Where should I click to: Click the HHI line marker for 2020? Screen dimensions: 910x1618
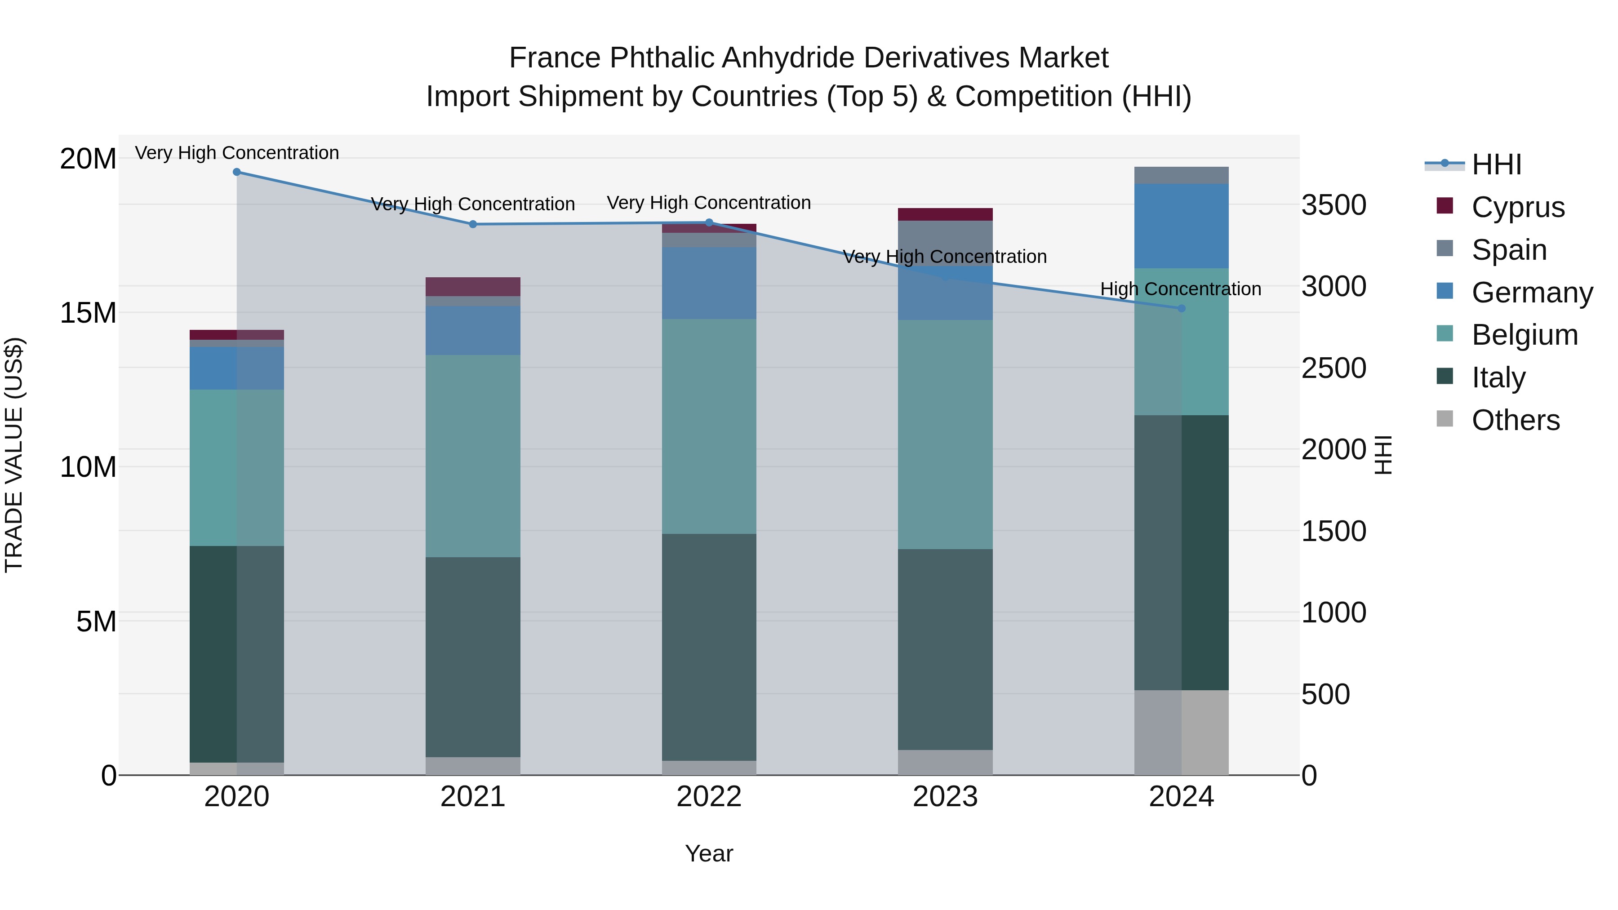coord(237,172)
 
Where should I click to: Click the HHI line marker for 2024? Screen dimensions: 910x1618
coord(1181,308)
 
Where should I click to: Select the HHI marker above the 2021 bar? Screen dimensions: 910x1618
coord(473,224)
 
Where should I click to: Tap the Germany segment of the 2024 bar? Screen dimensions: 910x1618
coord(1181,226)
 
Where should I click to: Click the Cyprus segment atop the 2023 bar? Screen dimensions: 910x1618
coord(945,214)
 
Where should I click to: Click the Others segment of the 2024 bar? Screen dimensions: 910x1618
coord(1181,732)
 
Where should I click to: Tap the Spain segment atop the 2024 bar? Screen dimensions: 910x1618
coord(1181,175)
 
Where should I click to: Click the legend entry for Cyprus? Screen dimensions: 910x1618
coord(1517,207)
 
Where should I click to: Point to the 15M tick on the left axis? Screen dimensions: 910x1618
coord(88,313)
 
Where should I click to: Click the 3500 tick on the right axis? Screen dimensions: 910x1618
coord(1333,205)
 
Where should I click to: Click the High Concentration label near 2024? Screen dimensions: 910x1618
coord(1180,289)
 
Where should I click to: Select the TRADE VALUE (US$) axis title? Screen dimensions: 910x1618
coord(14,455)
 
